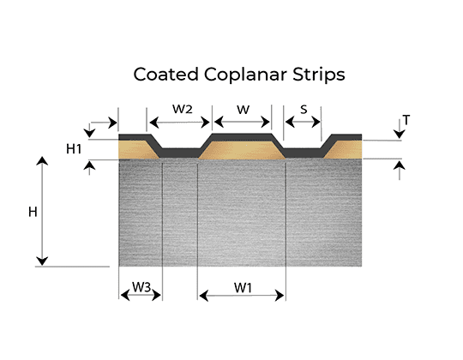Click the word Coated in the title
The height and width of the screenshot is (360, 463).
point(166,74)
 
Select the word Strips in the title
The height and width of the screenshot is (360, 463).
point(319,75)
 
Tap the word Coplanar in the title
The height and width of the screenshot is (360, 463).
point(245,75)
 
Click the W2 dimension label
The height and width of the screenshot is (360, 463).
point(183,109)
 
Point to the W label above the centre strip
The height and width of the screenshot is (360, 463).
point(243,110)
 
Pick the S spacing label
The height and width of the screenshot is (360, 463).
point(304,110)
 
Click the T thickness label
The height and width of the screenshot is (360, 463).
point(406,120)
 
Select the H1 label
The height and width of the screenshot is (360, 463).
point(74,149)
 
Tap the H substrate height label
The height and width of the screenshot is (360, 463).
point(33,212)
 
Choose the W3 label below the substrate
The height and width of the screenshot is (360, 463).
point(141,287)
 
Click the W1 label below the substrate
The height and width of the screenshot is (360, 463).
point(243,288)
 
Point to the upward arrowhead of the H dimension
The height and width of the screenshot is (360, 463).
point(42,161)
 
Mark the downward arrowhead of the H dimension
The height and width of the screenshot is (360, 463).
point(42,261)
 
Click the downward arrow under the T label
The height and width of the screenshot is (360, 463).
point(400,129)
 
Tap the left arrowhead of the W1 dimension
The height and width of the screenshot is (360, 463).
point(204,296)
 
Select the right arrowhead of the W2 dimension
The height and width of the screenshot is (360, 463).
point(205,123)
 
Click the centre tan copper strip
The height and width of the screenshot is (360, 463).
point(242,150)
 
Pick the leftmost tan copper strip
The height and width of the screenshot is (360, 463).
point(136,150)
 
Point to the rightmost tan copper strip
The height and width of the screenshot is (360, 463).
point(344,150)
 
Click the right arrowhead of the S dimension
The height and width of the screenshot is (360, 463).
point(316,122)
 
